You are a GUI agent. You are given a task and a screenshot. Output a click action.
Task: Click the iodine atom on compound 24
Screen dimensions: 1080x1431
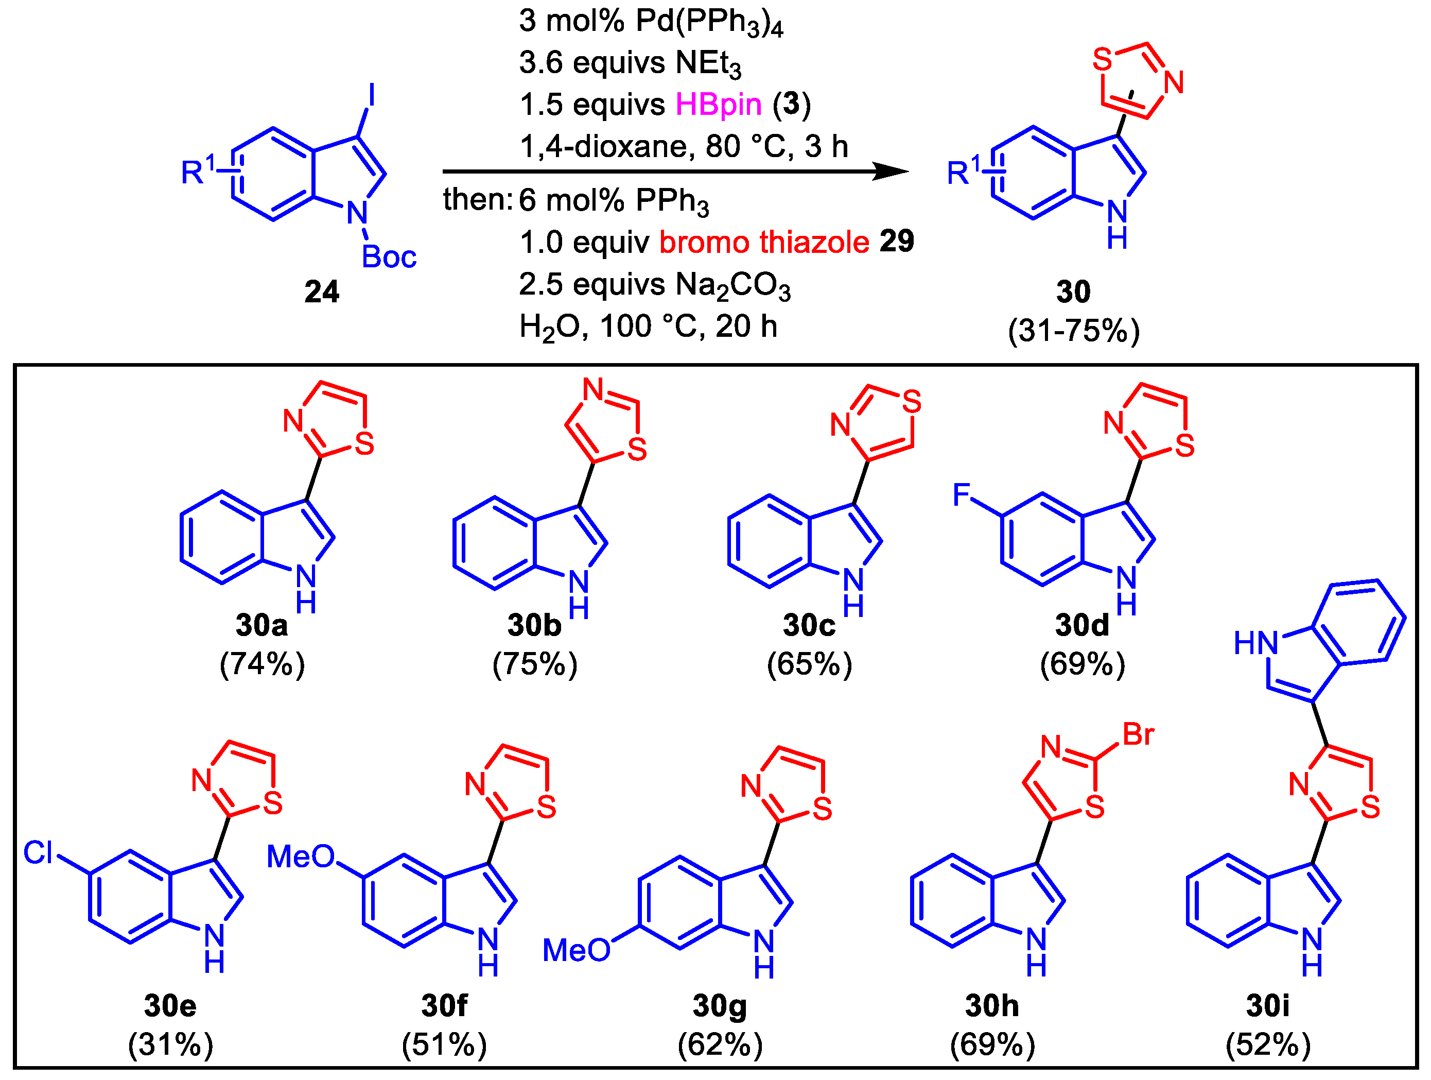[x=371, y=95]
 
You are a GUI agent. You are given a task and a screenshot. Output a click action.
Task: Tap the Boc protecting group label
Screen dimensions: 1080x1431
[x=389, y=258]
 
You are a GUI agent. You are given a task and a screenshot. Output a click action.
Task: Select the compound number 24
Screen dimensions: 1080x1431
[x=322, y=292]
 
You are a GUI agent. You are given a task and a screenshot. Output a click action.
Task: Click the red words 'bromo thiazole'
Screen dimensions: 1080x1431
[x=764, y=243]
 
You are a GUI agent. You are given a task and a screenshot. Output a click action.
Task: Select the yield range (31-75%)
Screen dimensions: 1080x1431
[x=1073, y=331]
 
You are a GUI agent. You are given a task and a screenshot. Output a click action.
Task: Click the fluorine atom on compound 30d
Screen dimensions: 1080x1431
[x=962, y=495]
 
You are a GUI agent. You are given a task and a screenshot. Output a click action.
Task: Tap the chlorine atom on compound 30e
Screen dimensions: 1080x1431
[x=38, y=853]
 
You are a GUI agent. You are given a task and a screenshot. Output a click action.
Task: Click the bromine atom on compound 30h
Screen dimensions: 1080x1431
[x=1138, y=734]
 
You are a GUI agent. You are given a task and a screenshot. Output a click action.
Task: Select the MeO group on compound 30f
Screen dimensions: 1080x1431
[x=301, y=857]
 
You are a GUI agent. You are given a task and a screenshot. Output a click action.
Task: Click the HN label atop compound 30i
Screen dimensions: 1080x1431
[x=1255, y=643]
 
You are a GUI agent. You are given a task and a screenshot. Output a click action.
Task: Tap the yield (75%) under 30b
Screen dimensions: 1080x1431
[x=534, y=664]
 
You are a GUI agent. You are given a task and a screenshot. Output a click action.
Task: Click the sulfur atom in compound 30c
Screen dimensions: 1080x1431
[x=912, y=402]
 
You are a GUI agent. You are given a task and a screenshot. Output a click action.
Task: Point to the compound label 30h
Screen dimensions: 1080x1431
[x=992, y=1006]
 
